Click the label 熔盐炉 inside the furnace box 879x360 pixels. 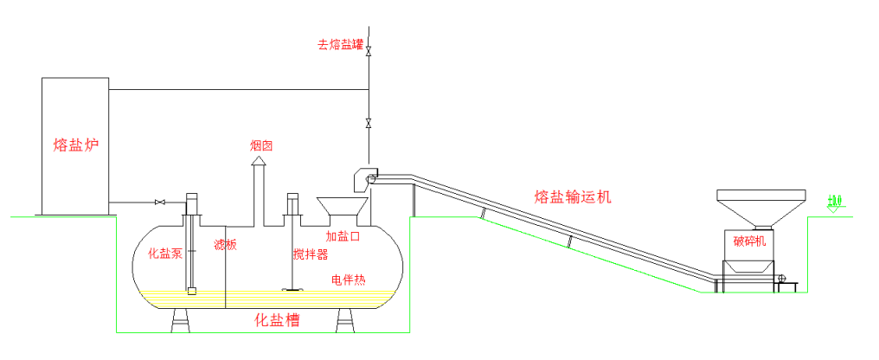75,145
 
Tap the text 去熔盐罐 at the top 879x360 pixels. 340,44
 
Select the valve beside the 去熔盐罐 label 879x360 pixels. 369,50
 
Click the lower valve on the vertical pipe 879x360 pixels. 369,121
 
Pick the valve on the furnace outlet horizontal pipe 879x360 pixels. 159,202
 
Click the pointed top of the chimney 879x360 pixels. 257,161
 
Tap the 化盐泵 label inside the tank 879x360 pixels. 165,254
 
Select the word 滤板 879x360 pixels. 225,246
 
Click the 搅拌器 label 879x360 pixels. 311,254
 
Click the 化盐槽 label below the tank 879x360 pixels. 277,320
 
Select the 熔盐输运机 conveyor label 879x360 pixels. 573,197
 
